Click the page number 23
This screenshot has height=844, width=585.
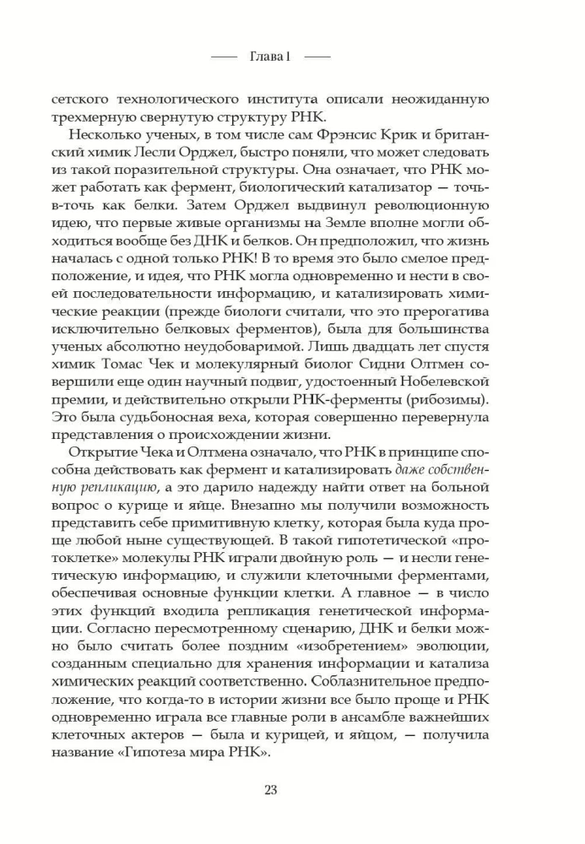click(x=271, y=790)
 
